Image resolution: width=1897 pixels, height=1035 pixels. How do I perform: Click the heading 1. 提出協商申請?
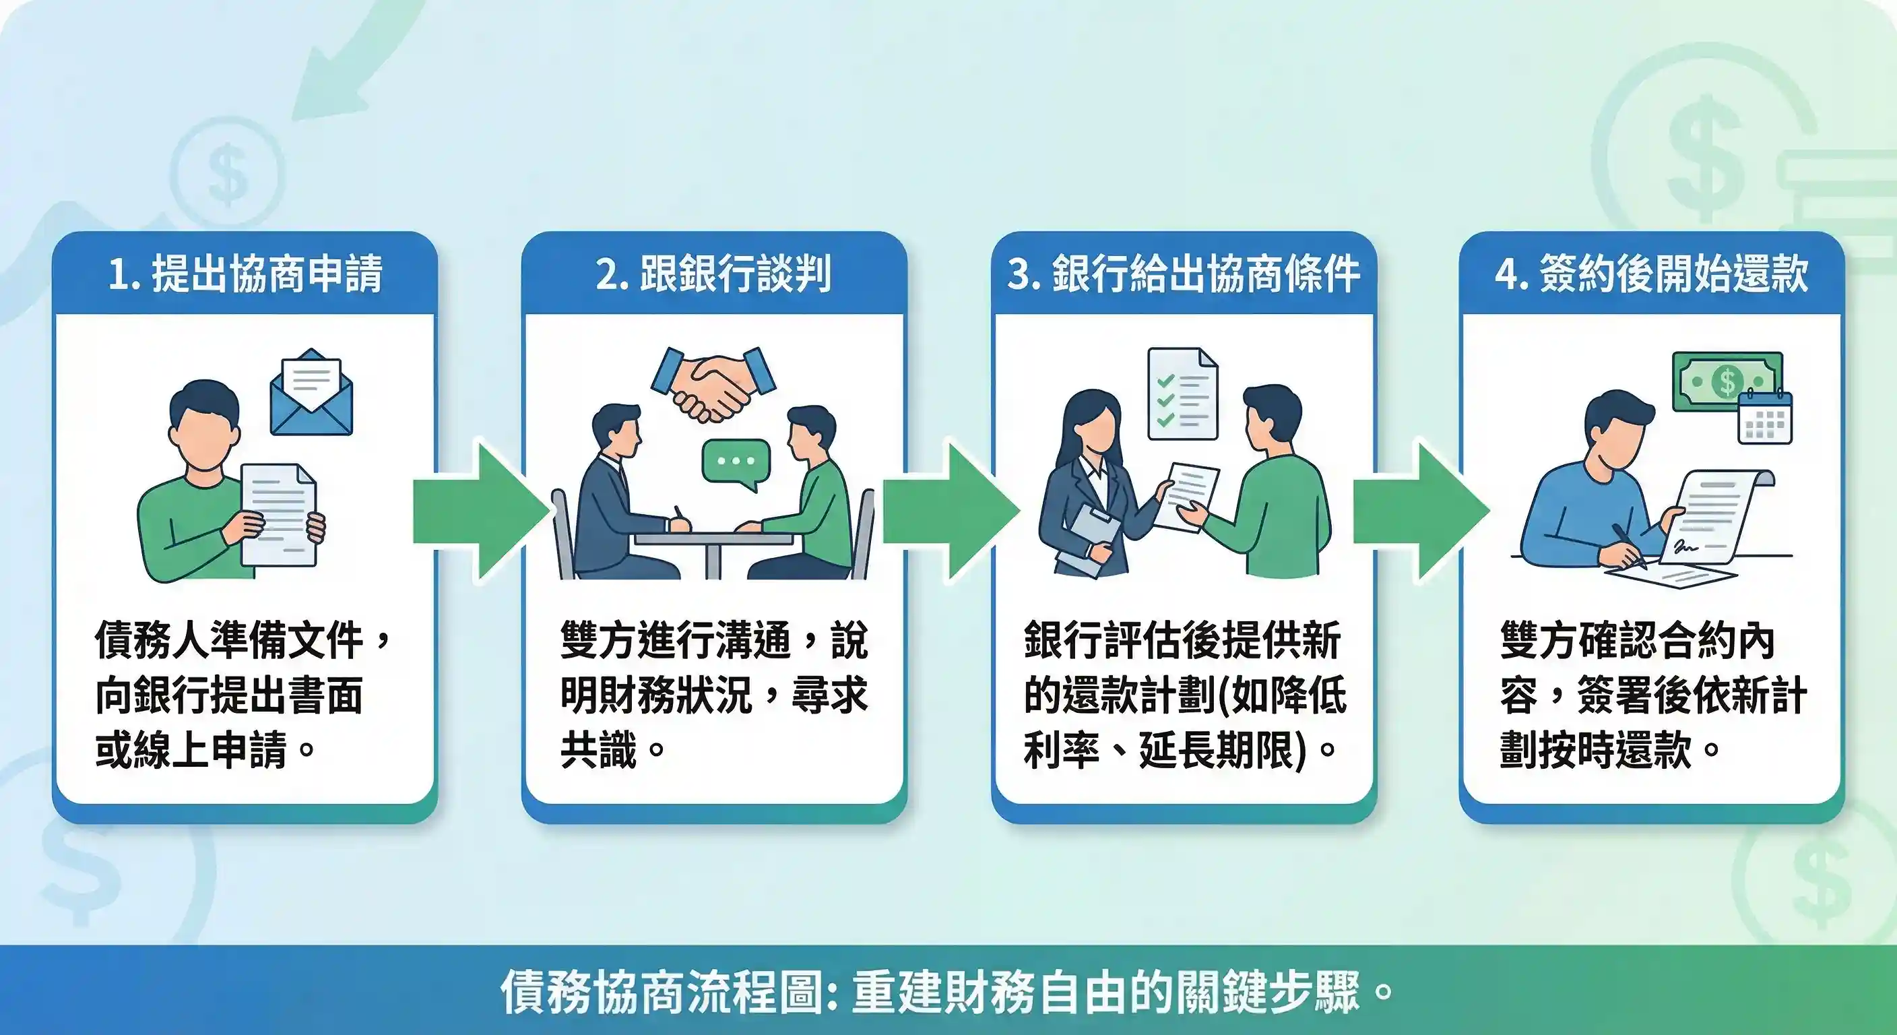tap(245, 274)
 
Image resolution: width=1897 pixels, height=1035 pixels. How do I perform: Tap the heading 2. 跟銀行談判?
tap(713, 274)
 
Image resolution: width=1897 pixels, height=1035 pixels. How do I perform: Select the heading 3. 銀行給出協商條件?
tap(1183, 274)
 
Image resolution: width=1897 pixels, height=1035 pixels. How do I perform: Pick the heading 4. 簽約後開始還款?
tap(1651, 274)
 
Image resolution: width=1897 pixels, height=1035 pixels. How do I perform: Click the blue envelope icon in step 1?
tap(311, 394)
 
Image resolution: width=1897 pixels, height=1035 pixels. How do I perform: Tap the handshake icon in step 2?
tap(713, 383)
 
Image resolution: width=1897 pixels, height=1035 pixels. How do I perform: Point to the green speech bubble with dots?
tap(736, 463)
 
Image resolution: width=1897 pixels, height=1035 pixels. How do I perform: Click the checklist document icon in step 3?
tap(1183, 394)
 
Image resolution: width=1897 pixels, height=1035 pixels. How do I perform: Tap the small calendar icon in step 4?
tap(1764, 418)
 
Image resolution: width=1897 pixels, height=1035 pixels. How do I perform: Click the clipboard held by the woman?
tap(1091, 536)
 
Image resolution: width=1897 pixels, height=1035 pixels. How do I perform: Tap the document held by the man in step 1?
tap(278, 514)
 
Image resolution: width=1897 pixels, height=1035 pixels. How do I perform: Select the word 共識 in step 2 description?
tap(598, 750)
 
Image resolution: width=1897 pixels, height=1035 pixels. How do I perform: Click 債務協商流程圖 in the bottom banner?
tap(661, 991)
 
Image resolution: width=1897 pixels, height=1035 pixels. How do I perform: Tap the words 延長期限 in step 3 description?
tap(1215, 750)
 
